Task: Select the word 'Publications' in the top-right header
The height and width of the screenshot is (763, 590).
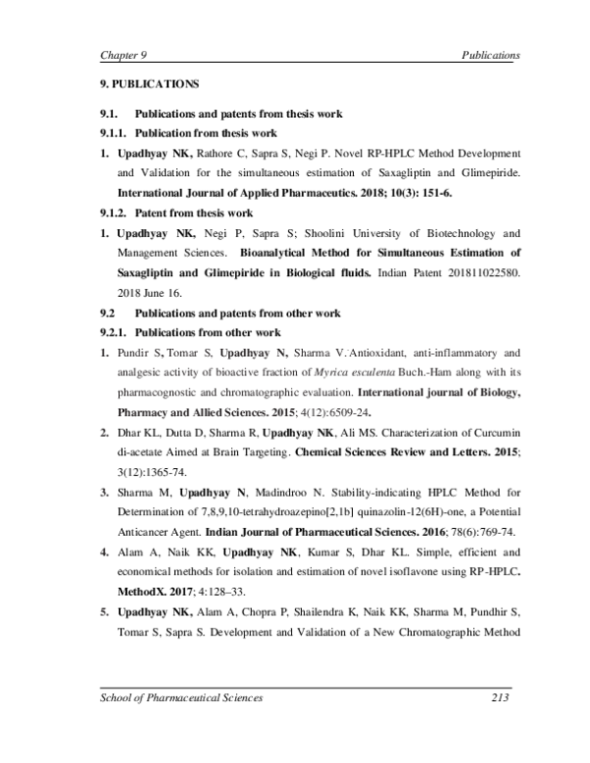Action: (x=491, y=55)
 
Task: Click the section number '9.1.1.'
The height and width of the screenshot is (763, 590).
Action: (x=114, y=133)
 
